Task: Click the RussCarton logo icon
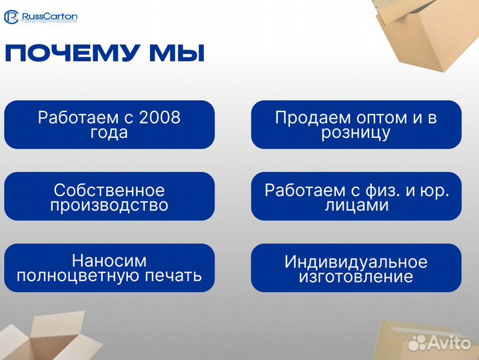pos(11,16)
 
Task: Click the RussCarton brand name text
pos(49,15)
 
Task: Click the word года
pos(109,133)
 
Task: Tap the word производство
pos(109,205)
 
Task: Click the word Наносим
pos(109,261)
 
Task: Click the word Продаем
pos(304,117)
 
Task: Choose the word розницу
pos(356,133)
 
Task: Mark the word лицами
pos(356,205)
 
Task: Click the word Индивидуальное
pos(356,261)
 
